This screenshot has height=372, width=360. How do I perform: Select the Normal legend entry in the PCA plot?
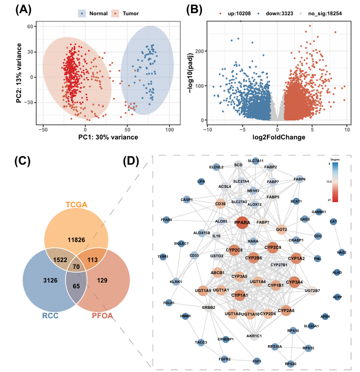94,12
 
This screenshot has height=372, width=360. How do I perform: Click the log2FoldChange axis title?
278,137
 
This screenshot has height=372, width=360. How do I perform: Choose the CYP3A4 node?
294,282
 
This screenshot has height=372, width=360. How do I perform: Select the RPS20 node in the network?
290,363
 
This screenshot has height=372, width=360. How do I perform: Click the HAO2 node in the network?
342,252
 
